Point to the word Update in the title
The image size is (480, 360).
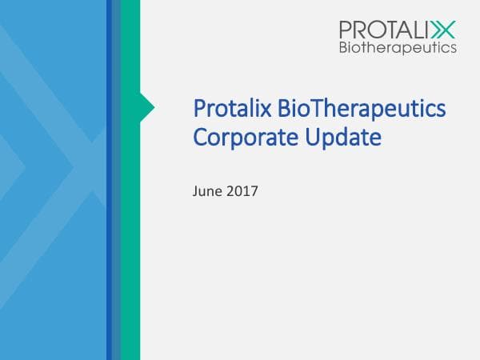pyautogui.click(x=341, y=138)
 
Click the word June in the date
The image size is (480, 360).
pyautogui.click(x=207, y=192)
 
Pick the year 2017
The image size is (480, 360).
pyautogui.click(x=242, y=192)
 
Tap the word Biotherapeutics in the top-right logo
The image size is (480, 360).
pyautogui.click(x=398, y=47)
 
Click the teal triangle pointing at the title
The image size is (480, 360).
pyautogui.click(x=147, y=106)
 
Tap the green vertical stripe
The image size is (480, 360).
pyautogui.click(x=130, y=240)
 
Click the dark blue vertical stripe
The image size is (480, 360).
pyautogui.click(x=109, y=240)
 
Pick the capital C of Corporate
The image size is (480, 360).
pyautogui.click(x=200, y=138)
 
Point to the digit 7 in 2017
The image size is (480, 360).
pyautogui.click(x=254, y=192)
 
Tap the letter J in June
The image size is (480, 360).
pyautogui.click(x=196, y=192)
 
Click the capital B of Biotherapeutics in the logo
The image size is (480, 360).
pyautogui.click(x=343, y=47)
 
